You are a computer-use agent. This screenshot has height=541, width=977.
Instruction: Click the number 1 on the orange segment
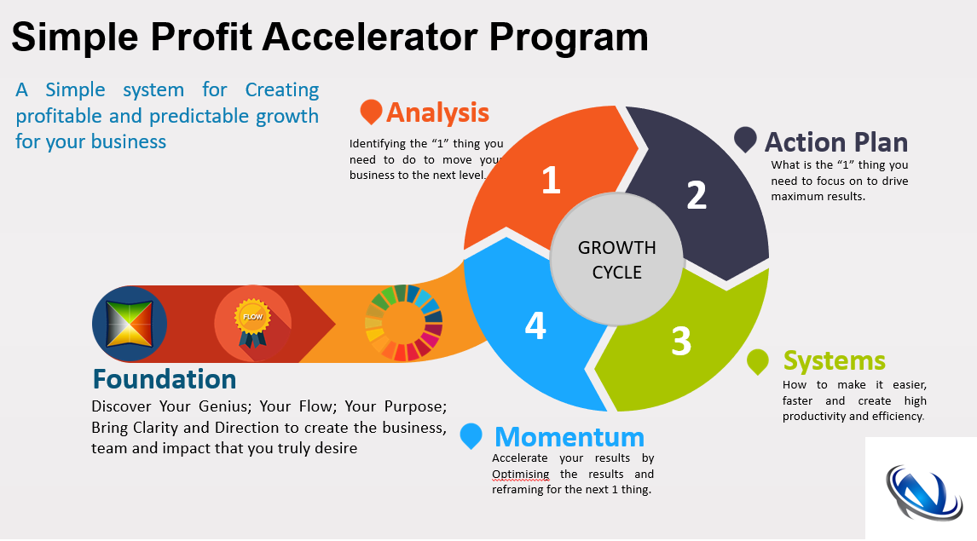click(551, 180)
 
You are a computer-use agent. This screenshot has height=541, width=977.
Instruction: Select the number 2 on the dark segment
click(697, 195)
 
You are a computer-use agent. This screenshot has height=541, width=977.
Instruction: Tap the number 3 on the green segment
click(681, 341)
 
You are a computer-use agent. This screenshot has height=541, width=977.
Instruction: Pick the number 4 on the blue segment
click(536, 325)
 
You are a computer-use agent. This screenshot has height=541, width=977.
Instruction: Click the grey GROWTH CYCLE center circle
click(617, 259)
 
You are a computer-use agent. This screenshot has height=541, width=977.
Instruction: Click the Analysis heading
click(437, 112)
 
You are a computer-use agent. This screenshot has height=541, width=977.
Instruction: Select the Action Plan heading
click(836, 142)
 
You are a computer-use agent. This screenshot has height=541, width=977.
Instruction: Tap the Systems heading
click(835, 360)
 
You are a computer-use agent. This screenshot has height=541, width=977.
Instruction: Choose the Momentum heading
click(569, 437)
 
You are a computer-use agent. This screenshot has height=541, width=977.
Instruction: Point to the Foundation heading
click(165, 379)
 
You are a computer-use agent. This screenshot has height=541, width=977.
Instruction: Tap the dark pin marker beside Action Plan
click(745, 140)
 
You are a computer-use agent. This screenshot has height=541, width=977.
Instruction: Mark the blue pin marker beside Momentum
click(471, 436)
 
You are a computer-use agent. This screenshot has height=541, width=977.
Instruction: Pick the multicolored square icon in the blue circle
click(130, 324)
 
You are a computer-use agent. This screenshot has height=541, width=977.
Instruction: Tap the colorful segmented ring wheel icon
click(404, 323)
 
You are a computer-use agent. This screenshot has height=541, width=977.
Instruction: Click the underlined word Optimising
click(520, 475)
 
